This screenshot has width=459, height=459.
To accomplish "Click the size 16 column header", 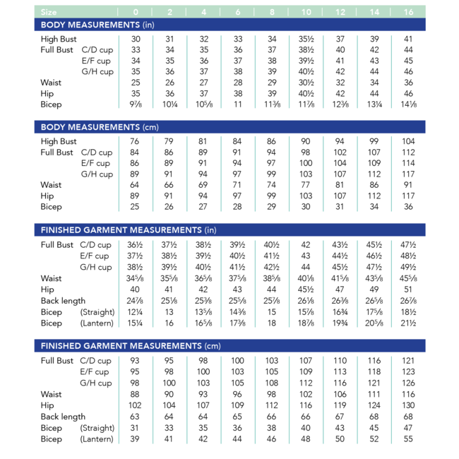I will (x=408, y=12).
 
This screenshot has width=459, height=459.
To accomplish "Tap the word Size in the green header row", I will (x=49, y=12).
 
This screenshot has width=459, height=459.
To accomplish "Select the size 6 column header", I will (x=239, y=12).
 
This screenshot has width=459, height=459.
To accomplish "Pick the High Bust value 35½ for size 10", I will (x=306, y=40).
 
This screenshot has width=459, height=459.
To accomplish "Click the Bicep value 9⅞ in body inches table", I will (x=136, y=105).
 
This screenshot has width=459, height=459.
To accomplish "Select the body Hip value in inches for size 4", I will (x=204, y=93).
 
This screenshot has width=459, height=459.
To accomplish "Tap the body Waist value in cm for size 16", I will (x=408, y=185).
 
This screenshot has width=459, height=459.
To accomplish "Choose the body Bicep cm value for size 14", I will (x=374, y=207).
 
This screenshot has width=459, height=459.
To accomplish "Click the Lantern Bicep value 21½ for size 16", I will (x=408, y=323).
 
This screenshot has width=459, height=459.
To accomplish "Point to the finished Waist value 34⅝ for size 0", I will (x=136, y=278).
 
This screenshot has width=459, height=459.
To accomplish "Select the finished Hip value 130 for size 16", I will (x=408, y=406).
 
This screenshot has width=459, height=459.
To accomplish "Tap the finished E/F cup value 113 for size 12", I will (x=340, y=372).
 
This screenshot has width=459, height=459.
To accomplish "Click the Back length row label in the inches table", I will (x=63, y=301).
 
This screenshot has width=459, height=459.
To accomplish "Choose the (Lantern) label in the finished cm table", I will (x=97, y=439).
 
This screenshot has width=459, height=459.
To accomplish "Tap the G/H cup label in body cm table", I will (x=97, y=174).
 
